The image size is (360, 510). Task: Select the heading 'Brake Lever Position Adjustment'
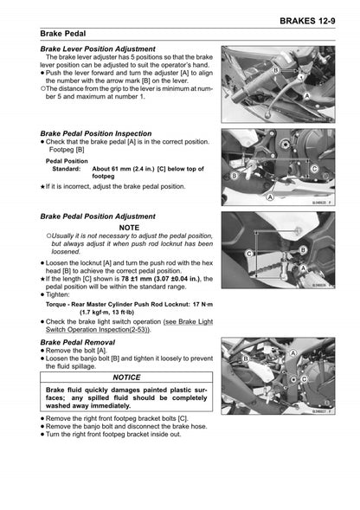tap(98, 49)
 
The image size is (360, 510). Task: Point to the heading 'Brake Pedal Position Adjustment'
tap(98, 216)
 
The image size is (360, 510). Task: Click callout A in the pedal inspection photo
tap(270, 197)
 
